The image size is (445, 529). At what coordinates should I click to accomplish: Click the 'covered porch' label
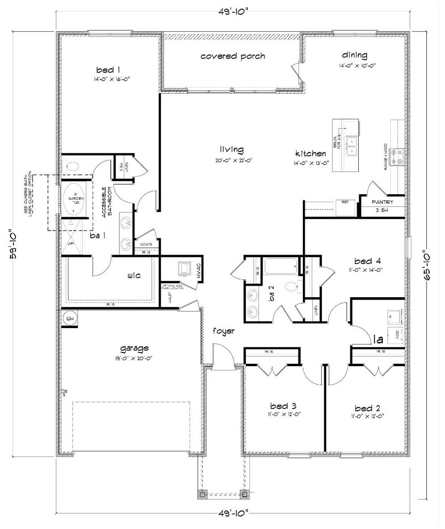(233, 56)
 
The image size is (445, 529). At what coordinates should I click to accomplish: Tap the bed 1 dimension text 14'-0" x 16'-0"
(108, 79)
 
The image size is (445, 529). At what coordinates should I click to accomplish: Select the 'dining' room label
(355, 55)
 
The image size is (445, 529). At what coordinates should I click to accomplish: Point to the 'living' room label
(231, 149)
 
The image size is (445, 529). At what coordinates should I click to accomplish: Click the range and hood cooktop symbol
(398, 157)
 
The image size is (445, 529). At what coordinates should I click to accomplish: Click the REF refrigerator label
(345, 202)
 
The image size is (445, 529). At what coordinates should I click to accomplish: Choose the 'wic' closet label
(134, 276)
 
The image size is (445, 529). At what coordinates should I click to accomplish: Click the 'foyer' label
(224, 331)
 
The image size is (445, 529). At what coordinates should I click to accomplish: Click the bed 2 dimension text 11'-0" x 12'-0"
(367, 416)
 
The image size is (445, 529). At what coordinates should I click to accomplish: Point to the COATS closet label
(146, 244)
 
